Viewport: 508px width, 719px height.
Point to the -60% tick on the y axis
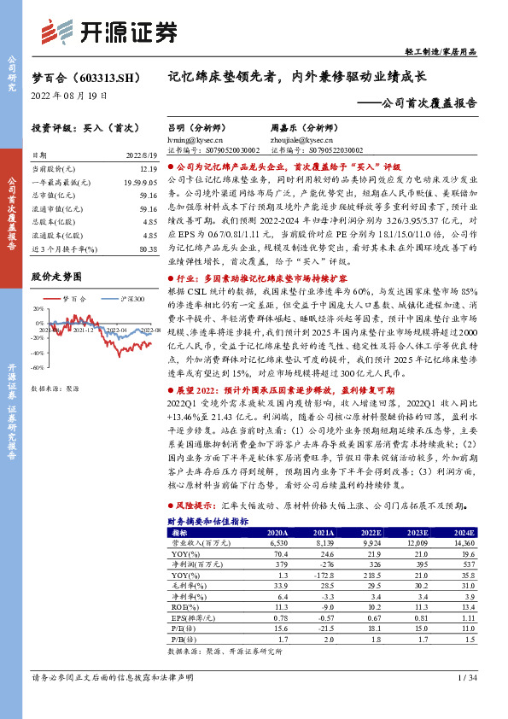(38, 367)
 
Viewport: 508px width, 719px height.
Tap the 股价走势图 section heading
(56, 277)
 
